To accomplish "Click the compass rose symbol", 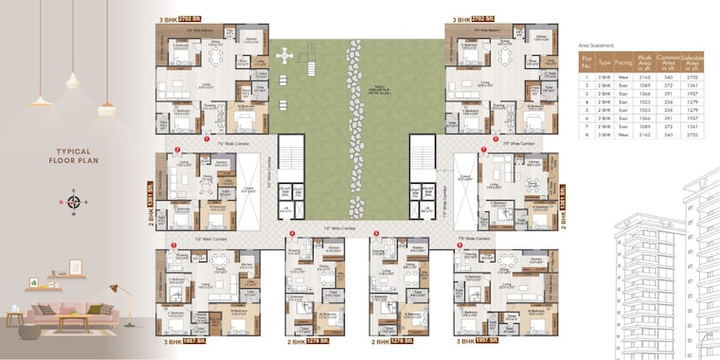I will [x=73, y=201].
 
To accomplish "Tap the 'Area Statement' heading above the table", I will [x=596, y=45].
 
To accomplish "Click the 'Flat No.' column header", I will [x=587, y=63].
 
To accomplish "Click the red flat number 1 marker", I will [x=207, y=139].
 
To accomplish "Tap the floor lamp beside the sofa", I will [x=113, y=301].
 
